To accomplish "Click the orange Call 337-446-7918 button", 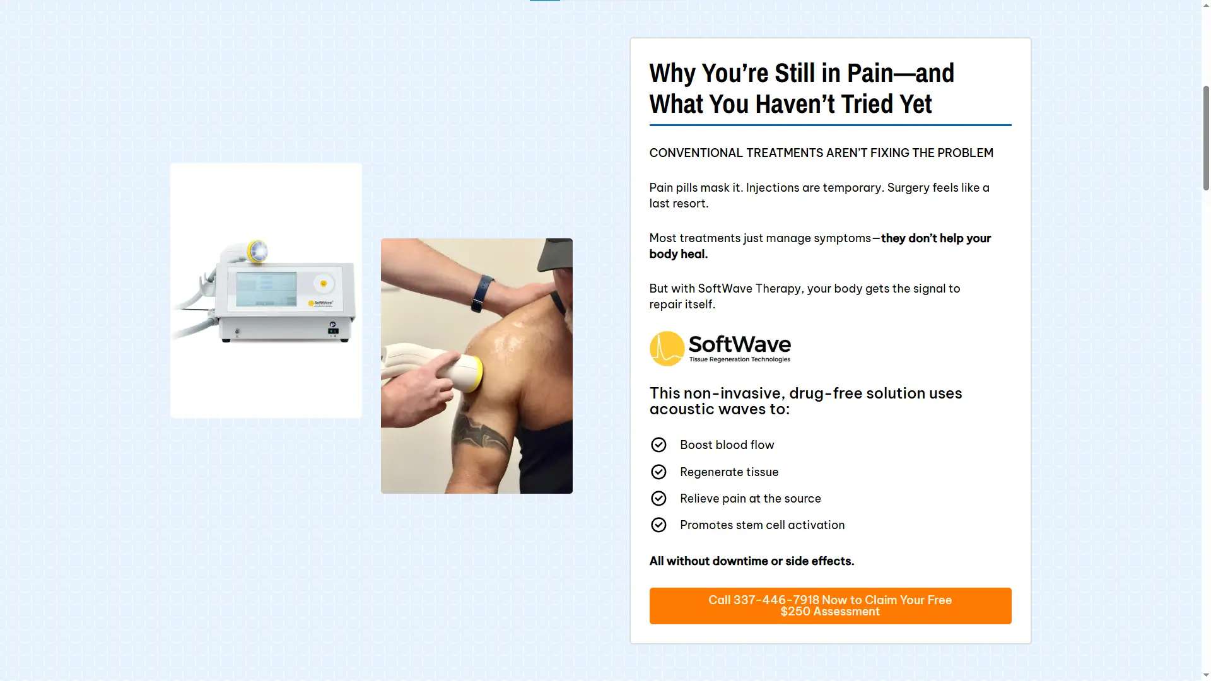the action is tap(830, 606).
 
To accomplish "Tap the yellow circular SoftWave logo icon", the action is tap(667, 349).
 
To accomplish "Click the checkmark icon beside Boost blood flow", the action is tap(658, 445).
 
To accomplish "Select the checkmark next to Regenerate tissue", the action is tap(658, 472).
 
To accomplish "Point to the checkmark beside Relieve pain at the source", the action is tap(658, 499).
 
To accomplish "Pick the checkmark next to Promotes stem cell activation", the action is tap(658, 525).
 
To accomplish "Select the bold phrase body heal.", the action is tap(679, 254).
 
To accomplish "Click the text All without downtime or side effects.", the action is tap(752, 561).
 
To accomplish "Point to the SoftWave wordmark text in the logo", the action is tap(740, 344).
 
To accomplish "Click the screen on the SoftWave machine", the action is tap(266, 289).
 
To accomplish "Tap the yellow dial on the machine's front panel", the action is tap(324, 284).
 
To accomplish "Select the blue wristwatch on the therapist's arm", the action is tap(483, 293).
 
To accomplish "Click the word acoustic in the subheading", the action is tap(686, 409).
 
